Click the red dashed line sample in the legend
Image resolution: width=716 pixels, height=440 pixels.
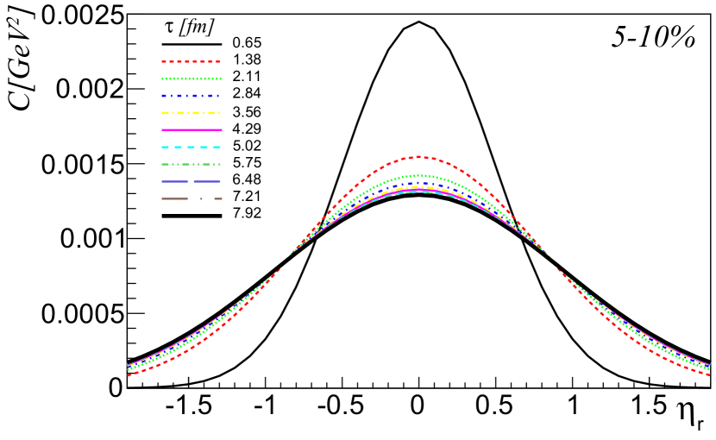[x=191, y=61]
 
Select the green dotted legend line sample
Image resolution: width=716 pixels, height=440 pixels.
[x=191, y=79]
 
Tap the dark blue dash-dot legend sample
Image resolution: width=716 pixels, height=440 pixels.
[x=191, y=96]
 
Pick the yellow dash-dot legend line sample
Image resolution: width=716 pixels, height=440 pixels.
[x=191, y=113]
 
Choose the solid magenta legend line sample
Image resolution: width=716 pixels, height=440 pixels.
[x=191, y=129]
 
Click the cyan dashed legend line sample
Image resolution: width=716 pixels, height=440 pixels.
[x=191, y=147]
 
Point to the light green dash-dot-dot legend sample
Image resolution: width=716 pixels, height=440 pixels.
[x=191, y=164]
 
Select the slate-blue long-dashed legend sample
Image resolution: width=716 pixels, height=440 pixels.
[x=191, y=181]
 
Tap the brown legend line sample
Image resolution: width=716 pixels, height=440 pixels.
[x=191, y=198]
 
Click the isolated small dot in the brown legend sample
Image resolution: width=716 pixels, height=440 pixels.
[x=201, y=198]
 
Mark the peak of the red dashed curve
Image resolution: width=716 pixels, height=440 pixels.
[x=418, y=157]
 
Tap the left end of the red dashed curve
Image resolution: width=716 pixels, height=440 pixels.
[x=129, y=375]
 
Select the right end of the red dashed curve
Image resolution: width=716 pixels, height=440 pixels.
[x=708, y=375]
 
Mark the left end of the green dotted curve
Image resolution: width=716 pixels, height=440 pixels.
[x=129, y=369]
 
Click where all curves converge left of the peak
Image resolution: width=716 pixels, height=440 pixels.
[x=287, y=257]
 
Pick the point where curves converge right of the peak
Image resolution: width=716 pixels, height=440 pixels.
[x=550, y=257]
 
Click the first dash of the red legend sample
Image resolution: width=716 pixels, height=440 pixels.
[x=165, y=61]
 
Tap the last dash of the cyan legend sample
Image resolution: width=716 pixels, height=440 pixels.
[x=217, y=147]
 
